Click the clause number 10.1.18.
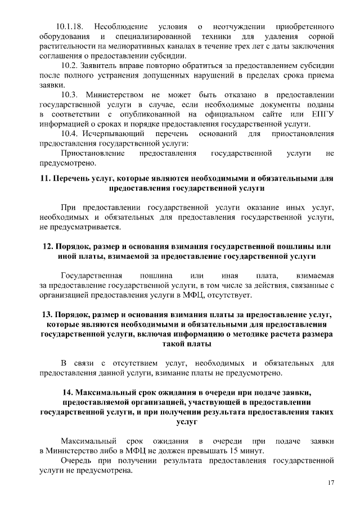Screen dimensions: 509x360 pos(70,26)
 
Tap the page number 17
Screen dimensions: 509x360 pos(331,483)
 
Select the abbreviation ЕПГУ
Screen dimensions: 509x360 pos(322,114)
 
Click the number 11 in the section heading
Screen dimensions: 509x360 pos(46,178)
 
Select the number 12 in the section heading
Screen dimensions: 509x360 pos(48,246)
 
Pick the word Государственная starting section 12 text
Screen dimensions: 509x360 pos(91,275)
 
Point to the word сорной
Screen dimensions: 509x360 pos(321,36)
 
